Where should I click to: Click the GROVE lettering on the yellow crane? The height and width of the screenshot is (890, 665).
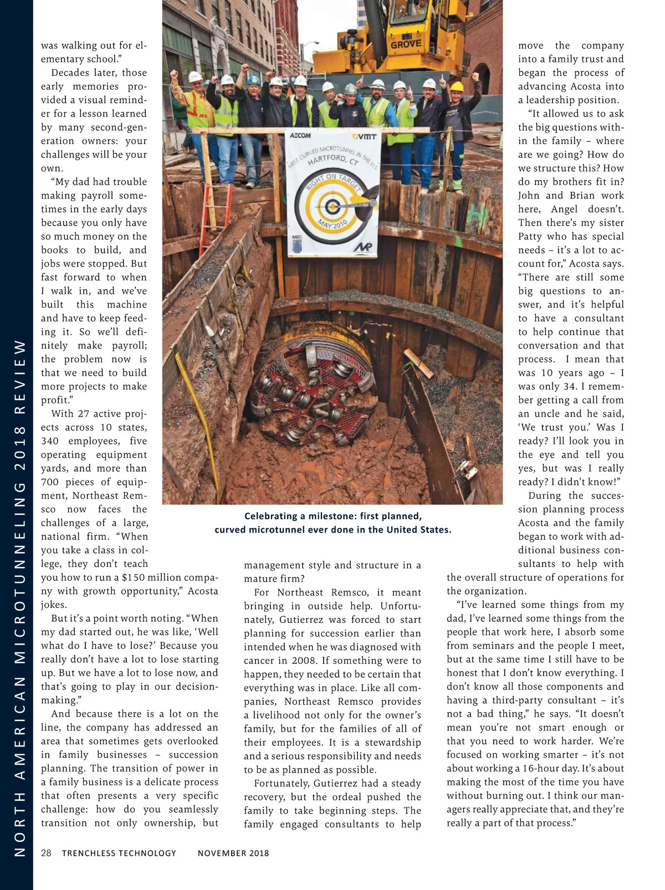(406, 44)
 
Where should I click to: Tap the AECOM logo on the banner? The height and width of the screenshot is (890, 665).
(300, 136)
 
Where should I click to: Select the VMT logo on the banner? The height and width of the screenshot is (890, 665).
(364, 136)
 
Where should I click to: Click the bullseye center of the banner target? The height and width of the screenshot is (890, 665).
(332, 207)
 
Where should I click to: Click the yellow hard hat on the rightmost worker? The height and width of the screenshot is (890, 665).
(457, 86)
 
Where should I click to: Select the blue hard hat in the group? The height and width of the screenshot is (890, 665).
(254, 80)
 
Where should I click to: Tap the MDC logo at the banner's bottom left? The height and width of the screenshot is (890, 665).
(297, 242)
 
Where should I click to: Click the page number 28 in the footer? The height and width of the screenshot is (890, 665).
(47, 853)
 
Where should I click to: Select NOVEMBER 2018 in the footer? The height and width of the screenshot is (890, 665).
(233, 853)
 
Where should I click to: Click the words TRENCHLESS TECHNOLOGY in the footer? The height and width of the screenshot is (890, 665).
(119, 853)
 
